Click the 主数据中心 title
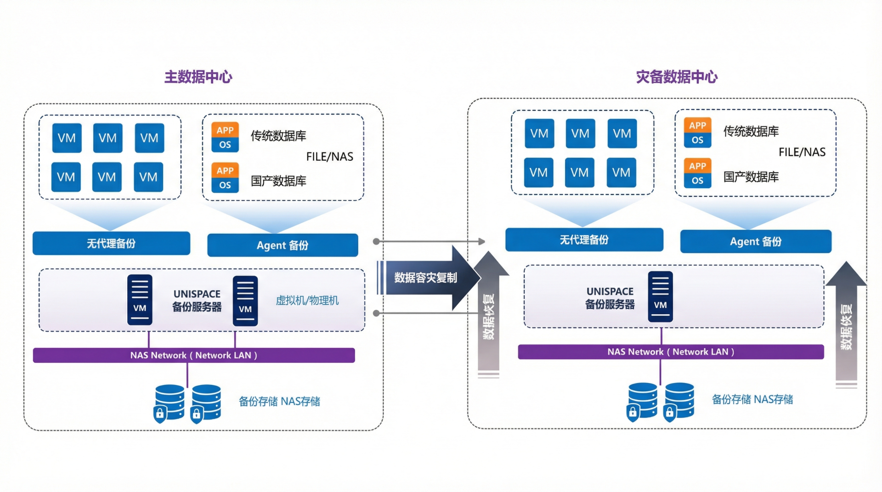(x=198, y=77)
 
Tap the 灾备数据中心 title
(x=677, y=77)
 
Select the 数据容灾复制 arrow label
(x=425, y=277)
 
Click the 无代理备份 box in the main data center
(x=111, y=243)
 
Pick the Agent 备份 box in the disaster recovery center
(x=756, y=242)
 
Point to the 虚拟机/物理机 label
(x=307, y=300)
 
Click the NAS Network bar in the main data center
(x=193, y=355)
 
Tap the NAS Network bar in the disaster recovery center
(x=671, y=352)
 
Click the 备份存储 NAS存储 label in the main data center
(x=279, y=402)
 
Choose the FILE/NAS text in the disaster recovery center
(x=802, y=152)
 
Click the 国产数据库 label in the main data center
(x=278, y=181)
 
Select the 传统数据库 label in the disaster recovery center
(x=751, y=131)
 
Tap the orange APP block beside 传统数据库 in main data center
(x=225, y=130)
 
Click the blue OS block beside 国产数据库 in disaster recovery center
(x=697, y=181)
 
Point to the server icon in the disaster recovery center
(x=660, y=296)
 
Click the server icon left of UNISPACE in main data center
(x=140, y=300)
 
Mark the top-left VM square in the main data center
(x=67, y=138)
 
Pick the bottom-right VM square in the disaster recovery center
(x=621, y=173)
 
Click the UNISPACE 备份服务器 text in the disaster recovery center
(x=610, y=298)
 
